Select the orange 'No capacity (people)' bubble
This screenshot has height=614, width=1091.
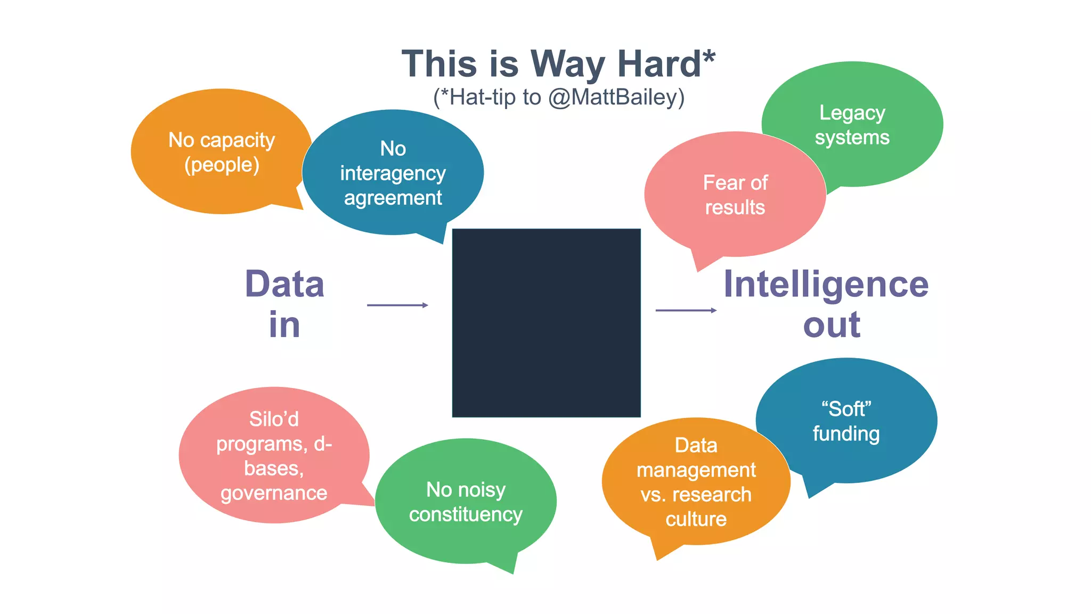[222, 152]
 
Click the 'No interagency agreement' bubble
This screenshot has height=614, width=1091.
[393, 173]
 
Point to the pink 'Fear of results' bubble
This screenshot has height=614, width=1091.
[735, 195]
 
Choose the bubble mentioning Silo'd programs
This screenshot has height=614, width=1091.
[274, 455]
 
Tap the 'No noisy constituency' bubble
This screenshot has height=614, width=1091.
[466, 502]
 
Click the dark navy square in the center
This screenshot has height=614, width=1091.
[546, 322]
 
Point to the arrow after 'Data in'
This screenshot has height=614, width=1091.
[397, 305]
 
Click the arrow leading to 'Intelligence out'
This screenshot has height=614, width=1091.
[686, 310]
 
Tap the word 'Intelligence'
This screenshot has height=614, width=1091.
[826, 285]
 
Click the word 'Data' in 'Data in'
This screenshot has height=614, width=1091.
[284, 285]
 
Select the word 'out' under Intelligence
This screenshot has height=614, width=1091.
[832, 325]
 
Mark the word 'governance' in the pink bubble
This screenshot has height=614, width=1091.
[274, 493]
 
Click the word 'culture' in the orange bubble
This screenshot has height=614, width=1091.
[696, 519]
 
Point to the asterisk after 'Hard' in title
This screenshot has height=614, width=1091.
[709, 56]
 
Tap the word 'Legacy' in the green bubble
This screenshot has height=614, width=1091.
[852, 113]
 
